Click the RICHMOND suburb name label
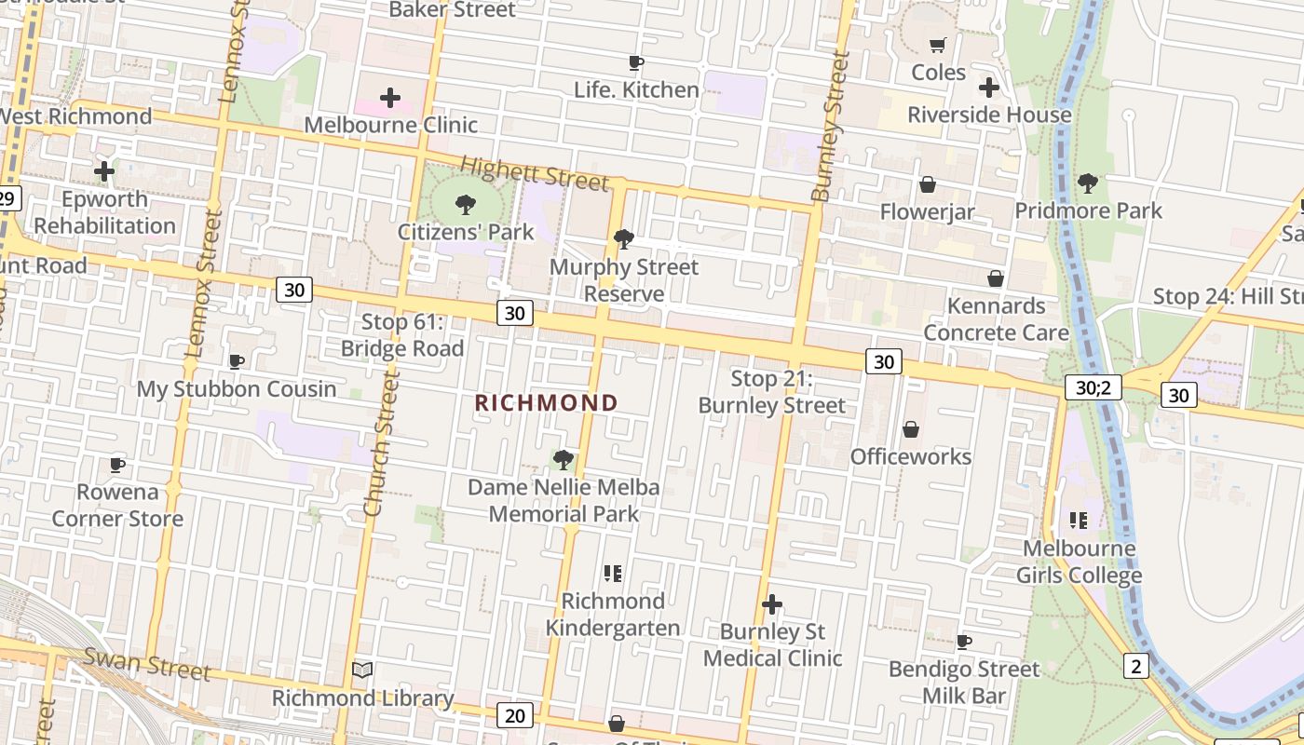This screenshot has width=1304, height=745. pyautogui.click(x=546, y=402)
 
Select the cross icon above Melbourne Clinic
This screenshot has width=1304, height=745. pyautogui.click(x=390, y=98)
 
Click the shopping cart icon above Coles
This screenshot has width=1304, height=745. pyautogui.click(x=938, y=46)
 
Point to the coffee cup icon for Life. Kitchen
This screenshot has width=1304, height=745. pyautogui.click(x=636, y=63)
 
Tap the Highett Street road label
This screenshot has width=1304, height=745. pyautogui.click(x=535, y=173)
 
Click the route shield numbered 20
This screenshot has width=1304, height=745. pyautogui.click(x=515, y=714)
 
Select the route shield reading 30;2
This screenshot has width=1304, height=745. pyautogui.click(x=1093, y=387)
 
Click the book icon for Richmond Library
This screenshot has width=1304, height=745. pyautogui.click(x=362, y=670)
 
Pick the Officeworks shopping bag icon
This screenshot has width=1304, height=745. pyautogui.click(x=911, y=429)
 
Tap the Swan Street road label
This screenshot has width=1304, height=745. pyautogui.click(x=147, y=662)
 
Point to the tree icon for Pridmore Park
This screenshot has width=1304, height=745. pyautogui.click(x=1087, y=183)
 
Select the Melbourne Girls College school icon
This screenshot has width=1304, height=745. pyautogui.click(x=1079, y=520)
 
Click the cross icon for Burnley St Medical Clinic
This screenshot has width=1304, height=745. pyautogui.click(x=771, y=604)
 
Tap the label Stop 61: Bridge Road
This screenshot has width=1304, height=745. pyautogui.click(x=402, y=335)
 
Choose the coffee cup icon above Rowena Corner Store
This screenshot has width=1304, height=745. pyautogui.click(x=117, y=465)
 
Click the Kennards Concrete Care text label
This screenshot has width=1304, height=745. pyautogui.click(x=996, y=318)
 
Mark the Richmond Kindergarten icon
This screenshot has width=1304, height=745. pyautogui.click(x=612, y=573)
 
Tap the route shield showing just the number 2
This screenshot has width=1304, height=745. pyautogui.click(x=1135, y=665)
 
